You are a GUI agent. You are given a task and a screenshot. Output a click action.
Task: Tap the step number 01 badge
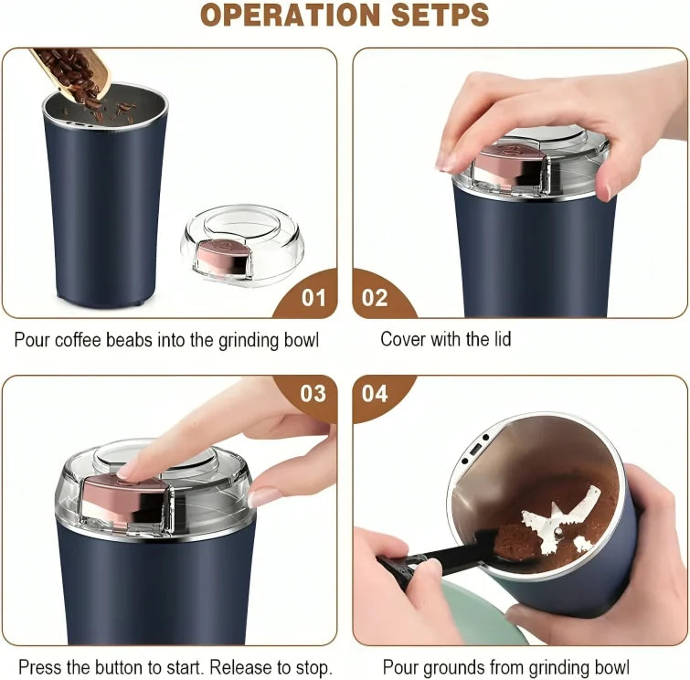312,298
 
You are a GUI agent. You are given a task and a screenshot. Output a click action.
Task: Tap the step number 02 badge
375,298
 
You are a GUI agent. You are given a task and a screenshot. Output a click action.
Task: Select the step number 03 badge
312,393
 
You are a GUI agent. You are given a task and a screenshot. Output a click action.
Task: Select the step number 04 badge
375,393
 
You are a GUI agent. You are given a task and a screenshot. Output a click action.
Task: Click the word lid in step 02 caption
498,340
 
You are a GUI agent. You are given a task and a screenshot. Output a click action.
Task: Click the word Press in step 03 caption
39,667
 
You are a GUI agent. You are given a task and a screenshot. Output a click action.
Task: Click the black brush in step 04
439,560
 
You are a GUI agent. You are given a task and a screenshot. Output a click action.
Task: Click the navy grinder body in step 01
105,210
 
